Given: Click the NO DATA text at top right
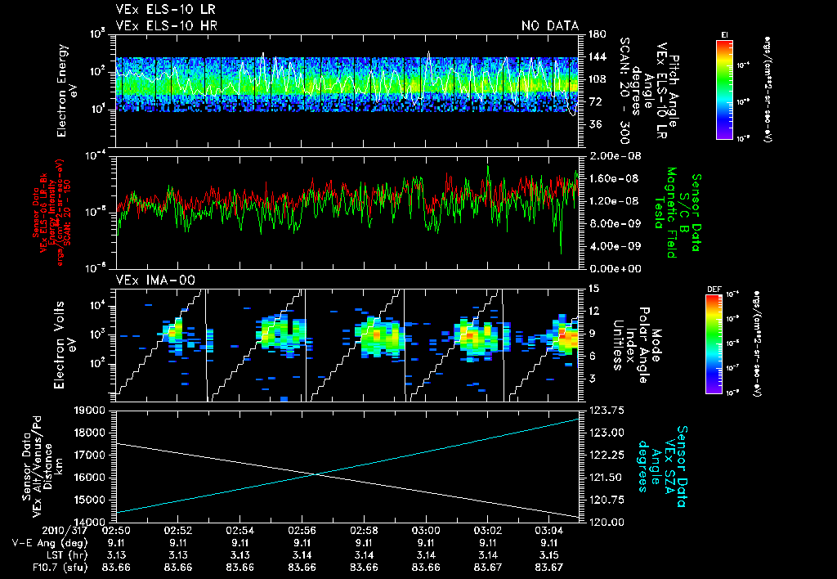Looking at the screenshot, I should click(x=550, y=26).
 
